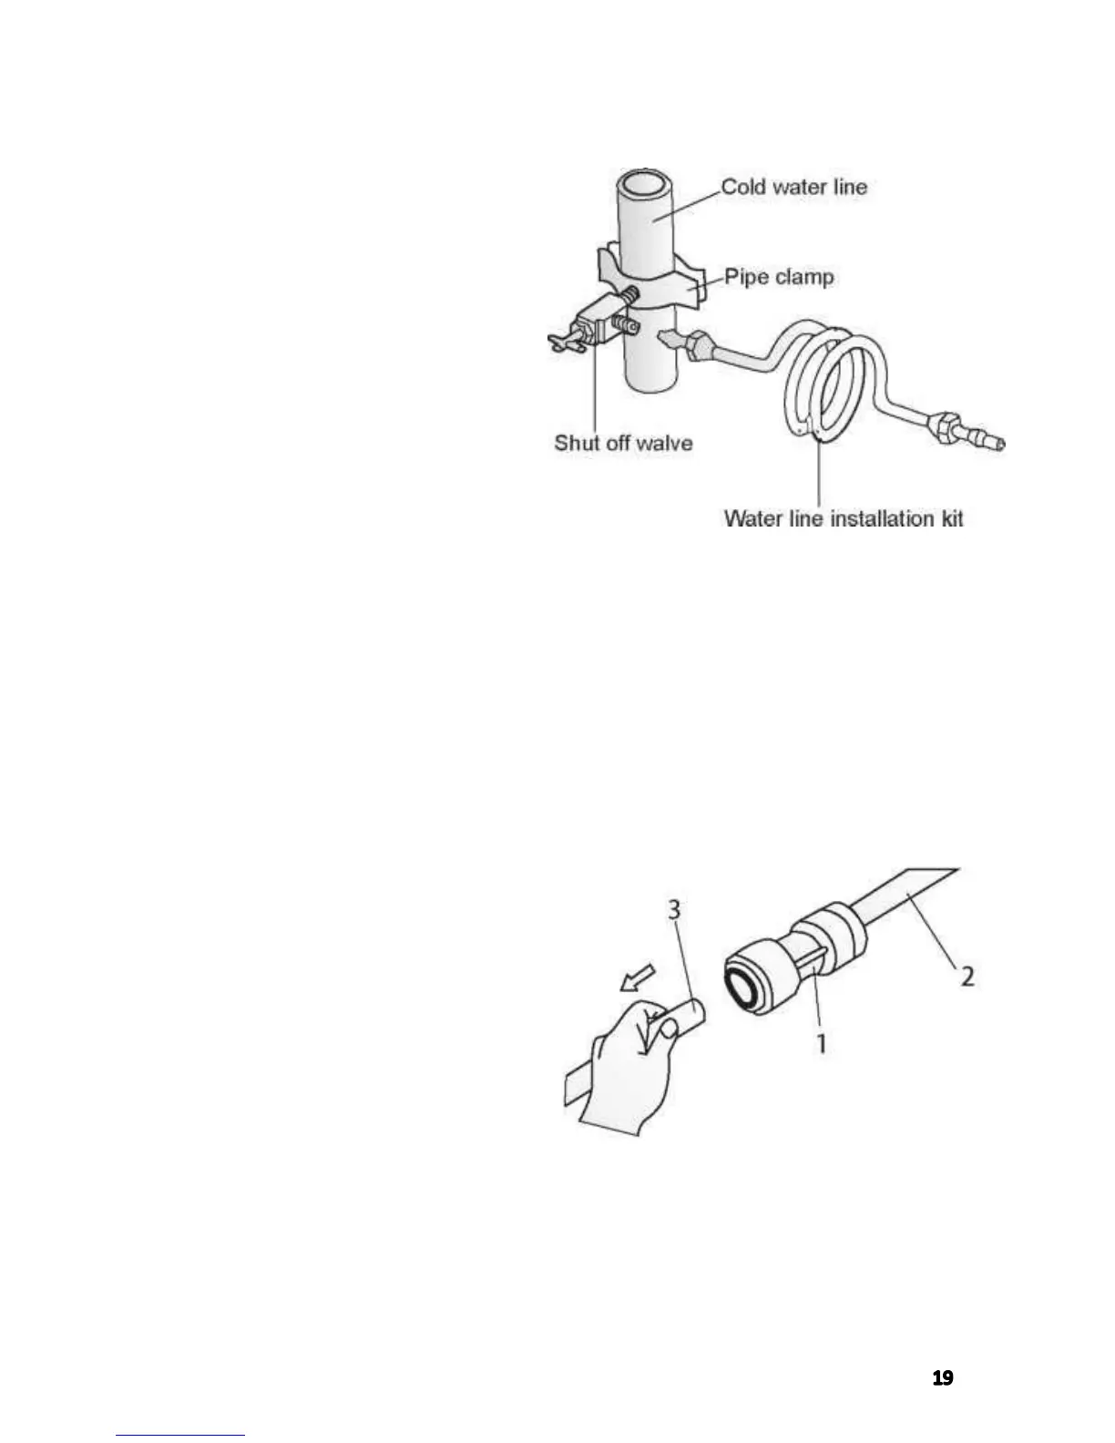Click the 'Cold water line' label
[x=793, y=188]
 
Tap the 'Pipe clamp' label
[x=779, y=277]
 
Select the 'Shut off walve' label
[x=623, y=444]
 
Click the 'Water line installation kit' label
[x=843, y=518]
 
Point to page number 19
[x=943, y=1378]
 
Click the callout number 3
[x=674, y=910]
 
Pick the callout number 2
[x=967, y=976]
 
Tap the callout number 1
[x=821, y=1042]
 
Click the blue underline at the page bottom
[x=180, y=1435]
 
